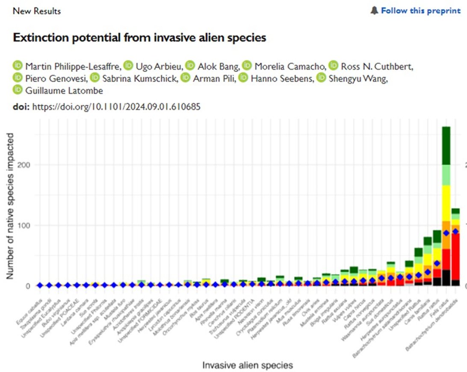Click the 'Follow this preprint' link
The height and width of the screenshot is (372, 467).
[x=420, y=11]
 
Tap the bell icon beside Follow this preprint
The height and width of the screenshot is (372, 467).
[x=374, y=11]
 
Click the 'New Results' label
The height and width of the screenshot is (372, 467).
[x=37, y=11]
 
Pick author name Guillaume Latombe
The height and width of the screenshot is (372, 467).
[x=64, y=90]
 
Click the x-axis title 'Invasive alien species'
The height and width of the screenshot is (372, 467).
[x=248, y=365]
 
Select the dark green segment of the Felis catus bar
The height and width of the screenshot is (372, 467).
[x=446, y=146]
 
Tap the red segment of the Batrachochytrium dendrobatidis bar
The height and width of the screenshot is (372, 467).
[x=455, y=257]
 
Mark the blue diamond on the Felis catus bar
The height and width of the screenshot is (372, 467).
[x=446, y=233]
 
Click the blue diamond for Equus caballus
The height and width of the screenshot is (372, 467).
[x=40, y=285]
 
